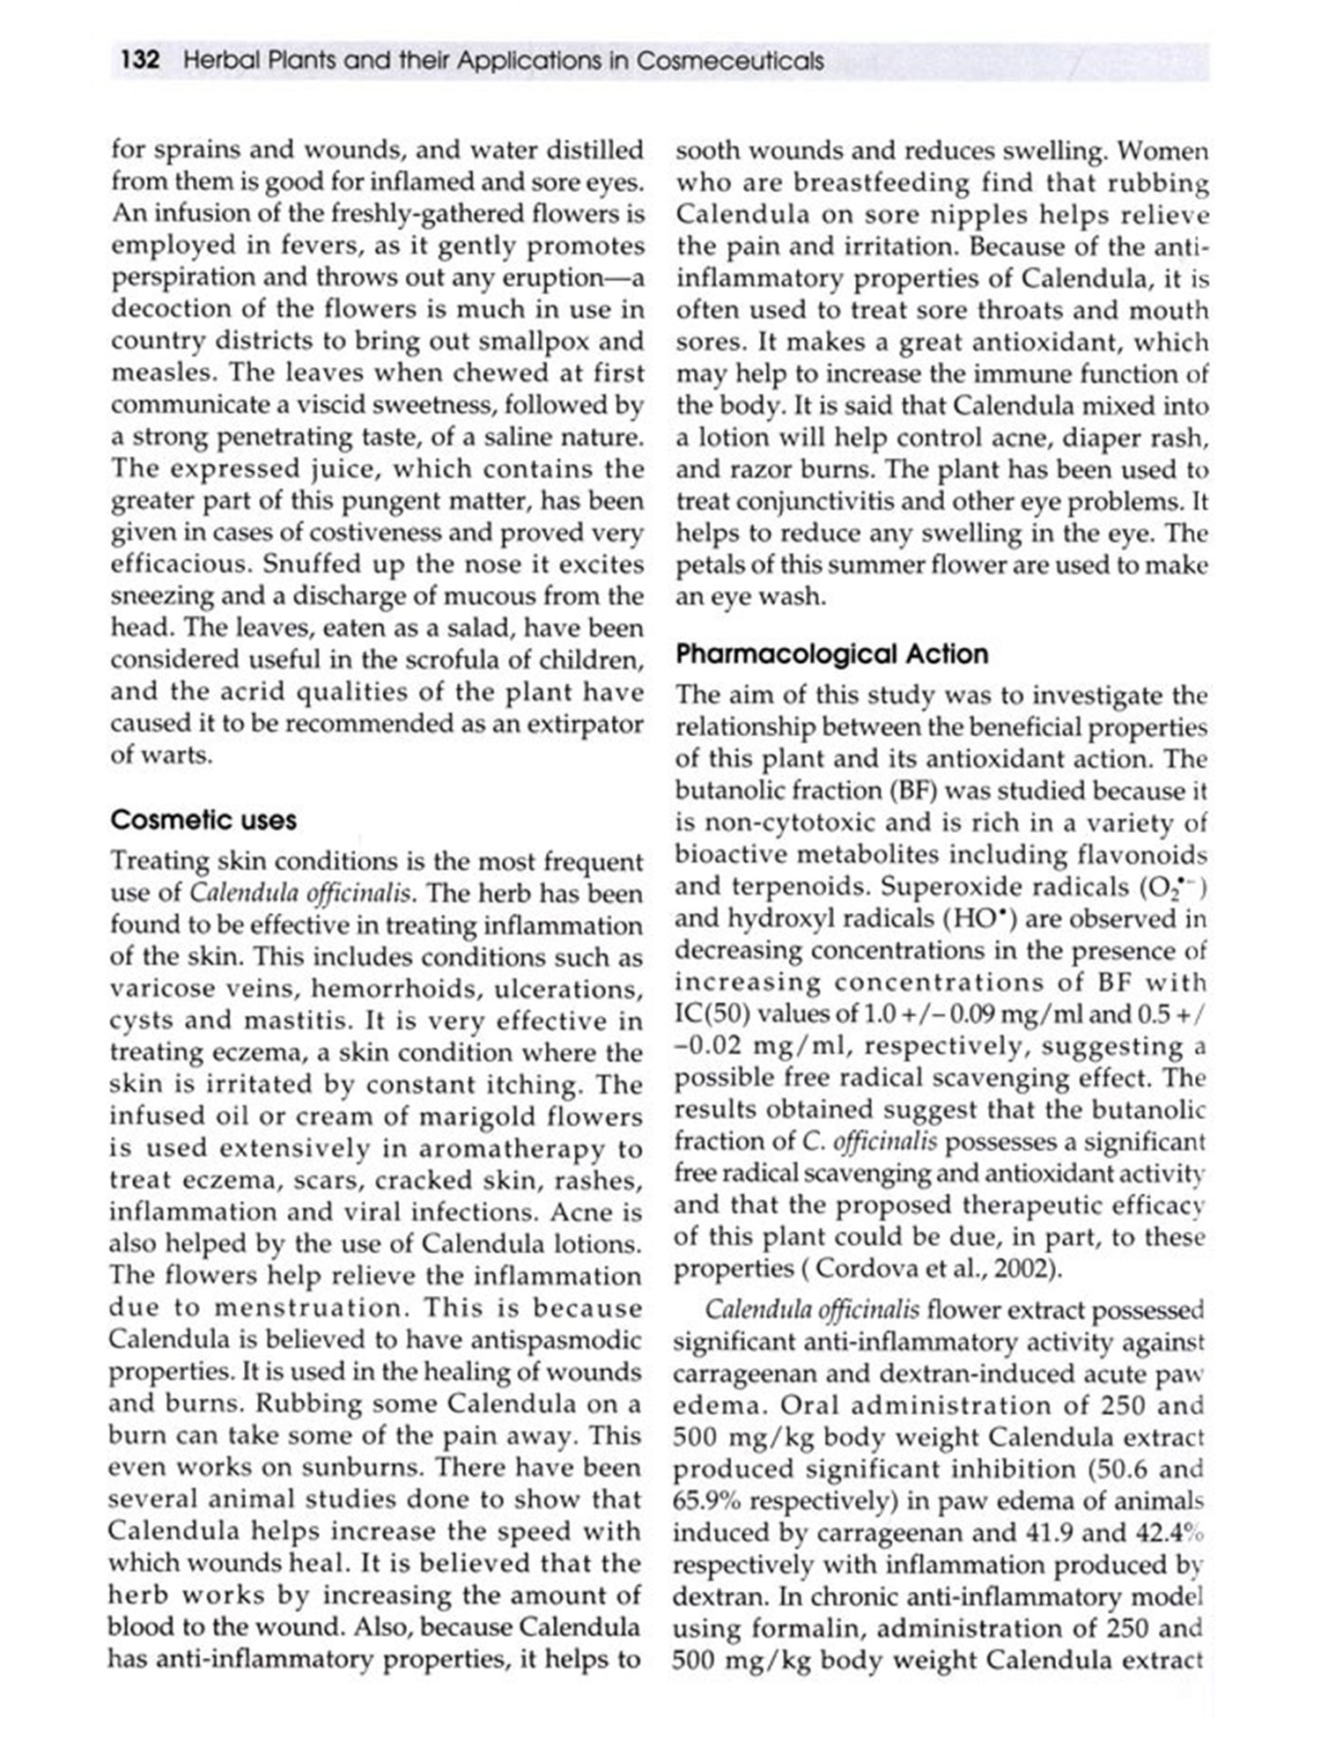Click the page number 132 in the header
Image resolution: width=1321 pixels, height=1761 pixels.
pos(140,61)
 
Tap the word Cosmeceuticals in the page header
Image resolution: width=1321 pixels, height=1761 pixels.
pos(730,61)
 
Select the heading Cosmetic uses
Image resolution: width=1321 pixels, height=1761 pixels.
pos(203,820)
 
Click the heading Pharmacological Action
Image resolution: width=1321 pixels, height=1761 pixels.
pos(831,653)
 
